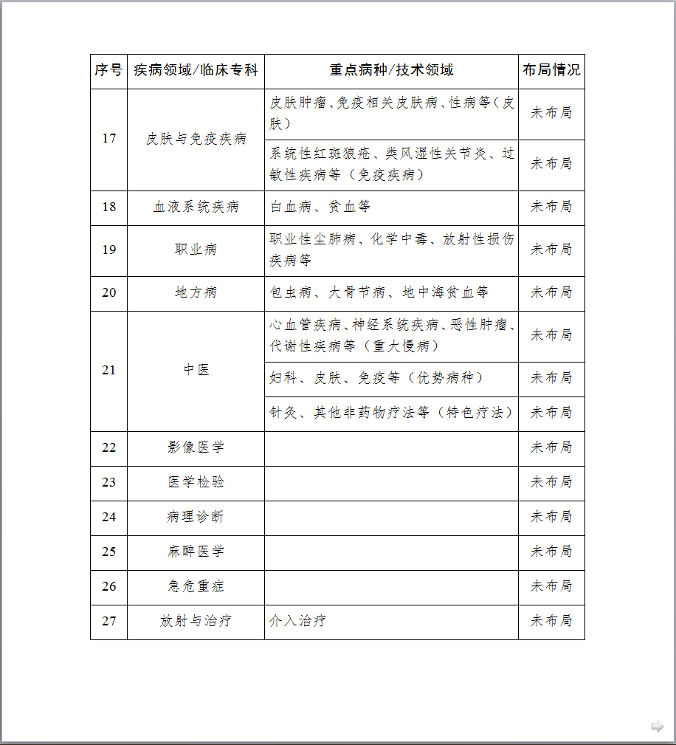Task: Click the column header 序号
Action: click(108, 71)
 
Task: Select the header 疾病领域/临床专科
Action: click(196, 71)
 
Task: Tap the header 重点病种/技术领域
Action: click(391, 71)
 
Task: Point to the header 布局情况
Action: click(551, 71)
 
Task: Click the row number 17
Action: click(108, 139)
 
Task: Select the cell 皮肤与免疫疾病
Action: click(196, 139)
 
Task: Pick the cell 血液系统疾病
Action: click(196, 207)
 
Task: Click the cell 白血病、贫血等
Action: click(320, 207)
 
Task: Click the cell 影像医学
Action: click(196, 448)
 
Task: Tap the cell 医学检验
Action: click(196, 483)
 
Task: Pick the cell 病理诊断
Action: click(196, 518)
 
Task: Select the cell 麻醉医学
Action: click(196, 552)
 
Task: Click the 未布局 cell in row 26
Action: click(551, 587)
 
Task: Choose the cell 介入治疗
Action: click(297, 622)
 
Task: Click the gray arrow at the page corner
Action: click(658, 727)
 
